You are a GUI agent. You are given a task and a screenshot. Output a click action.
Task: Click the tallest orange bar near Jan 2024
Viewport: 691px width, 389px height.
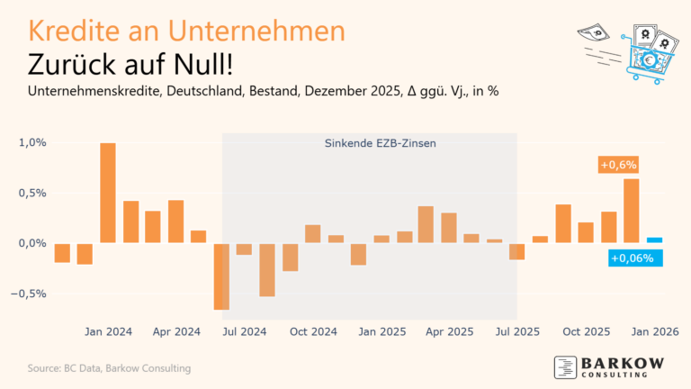click(x=108, y=193)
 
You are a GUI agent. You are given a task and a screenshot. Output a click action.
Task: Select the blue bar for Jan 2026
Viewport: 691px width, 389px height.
click(x=655, y=240)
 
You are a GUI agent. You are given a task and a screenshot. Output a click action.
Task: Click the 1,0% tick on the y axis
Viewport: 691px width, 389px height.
click(x=31, y=142)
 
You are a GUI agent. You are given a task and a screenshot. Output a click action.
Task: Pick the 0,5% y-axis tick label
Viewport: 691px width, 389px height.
click(x=31, y=193)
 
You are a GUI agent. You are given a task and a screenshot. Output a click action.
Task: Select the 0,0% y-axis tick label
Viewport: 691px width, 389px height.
click(x=31, y=243)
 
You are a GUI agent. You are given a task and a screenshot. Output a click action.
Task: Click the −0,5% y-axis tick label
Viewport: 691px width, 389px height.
click(x=30, y=294)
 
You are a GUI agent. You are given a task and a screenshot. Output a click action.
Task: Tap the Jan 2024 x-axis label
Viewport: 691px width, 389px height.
click(x=108, y=331)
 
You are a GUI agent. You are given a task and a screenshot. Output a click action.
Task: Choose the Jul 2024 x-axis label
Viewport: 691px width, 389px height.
click(x=245, y=331)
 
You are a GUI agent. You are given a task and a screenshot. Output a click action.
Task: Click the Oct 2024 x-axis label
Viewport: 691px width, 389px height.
click(x=313, y=331)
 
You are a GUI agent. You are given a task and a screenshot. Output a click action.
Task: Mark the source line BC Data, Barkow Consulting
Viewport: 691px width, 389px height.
click(x=108, y=368)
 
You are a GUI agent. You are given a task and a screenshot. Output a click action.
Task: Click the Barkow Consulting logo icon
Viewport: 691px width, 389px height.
click(x=564, y=367)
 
